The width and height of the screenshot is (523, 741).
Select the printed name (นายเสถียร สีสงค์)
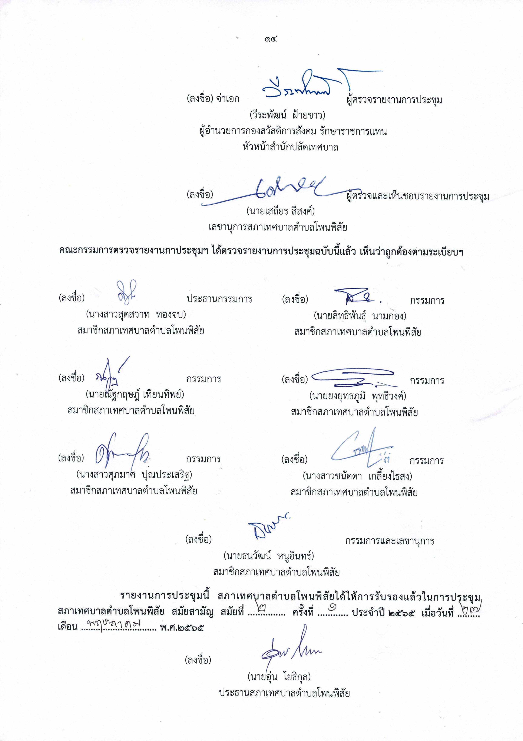[x=280, y=211]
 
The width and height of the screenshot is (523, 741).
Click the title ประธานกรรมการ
[x=219, y=299]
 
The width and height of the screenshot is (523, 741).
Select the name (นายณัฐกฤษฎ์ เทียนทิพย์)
[x=135, y=394]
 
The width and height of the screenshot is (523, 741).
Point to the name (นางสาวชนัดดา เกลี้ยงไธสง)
[x=357, y=476]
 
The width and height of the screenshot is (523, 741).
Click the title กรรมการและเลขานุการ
[x=389, y=541]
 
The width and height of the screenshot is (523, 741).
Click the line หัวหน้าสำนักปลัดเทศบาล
[x=290, y=147]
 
